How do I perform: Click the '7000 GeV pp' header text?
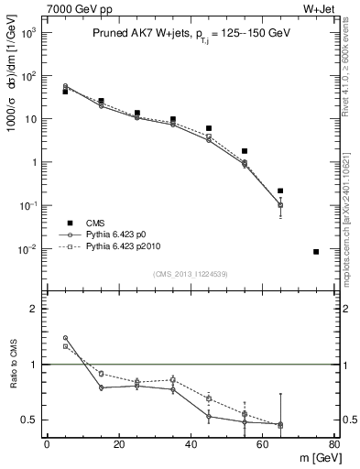pos(71,8)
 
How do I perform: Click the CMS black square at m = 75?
pos(316,252)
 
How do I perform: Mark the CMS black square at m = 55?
pos(245,151)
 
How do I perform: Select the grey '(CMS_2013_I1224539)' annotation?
pos(190,272)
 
